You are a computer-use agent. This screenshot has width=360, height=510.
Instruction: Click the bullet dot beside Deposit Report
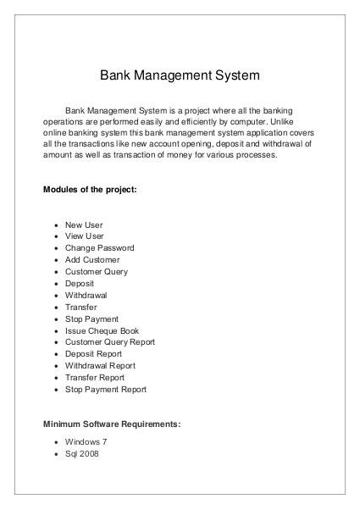tap(56, 354)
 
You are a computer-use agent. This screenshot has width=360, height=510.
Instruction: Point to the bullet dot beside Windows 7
tap(56, 442)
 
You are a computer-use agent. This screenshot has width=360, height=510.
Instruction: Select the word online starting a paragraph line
tap(56, 133)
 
